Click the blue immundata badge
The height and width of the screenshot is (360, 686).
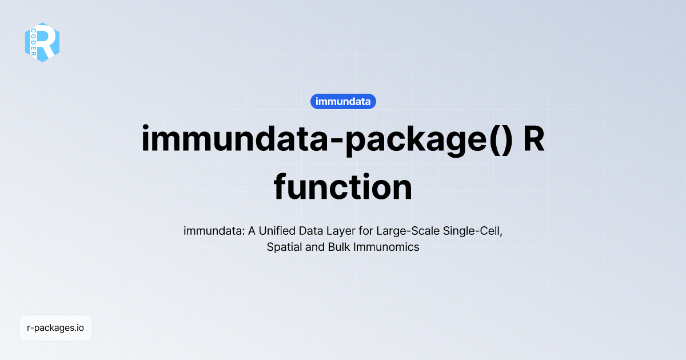pos(343,102)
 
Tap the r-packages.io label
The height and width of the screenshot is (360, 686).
pos(55,328)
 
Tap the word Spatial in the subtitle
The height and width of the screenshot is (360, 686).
pos(284,247)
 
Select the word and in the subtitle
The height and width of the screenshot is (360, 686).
pos(313,247)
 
